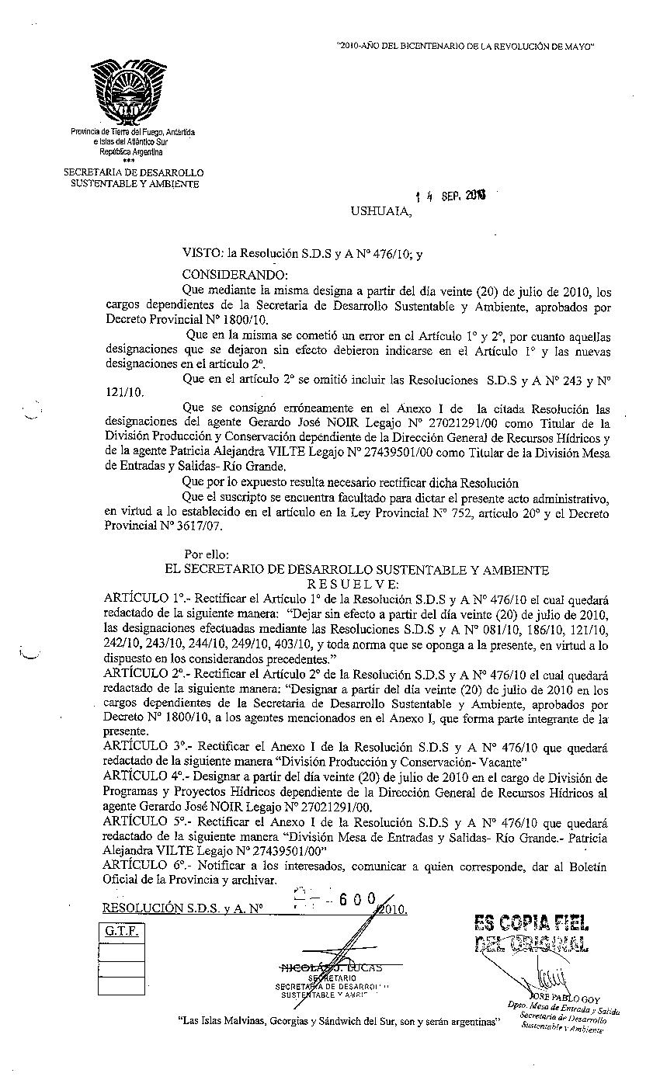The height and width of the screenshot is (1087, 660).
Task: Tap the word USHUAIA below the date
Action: (379, 210)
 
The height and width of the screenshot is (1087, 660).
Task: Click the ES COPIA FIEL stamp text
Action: (531, 922)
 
